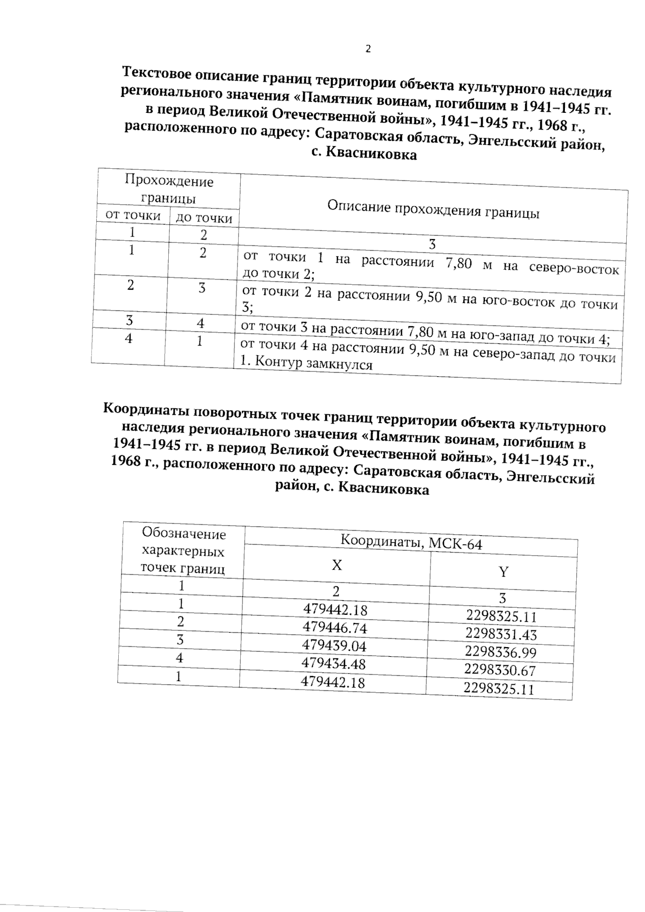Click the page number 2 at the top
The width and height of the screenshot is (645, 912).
(368, 49)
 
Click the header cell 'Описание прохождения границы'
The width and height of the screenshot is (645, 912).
(433, 210)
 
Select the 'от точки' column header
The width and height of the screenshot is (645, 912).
(133, 216)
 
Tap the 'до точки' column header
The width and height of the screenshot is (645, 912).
(204, 218)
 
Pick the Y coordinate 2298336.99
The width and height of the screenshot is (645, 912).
(500, 652)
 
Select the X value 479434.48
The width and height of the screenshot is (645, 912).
(333, 664)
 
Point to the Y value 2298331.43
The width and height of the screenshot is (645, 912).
(501, 634)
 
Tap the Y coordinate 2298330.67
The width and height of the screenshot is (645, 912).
(500, 670)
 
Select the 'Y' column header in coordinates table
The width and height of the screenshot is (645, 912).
(503, 572)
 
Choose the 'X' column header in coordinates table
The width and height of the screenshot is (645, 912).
(336, 565)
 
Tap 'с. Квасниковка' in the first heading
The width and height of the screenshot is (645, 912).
(364, 154)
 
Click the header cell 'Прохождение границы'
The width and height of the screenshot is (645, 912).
(168, 189)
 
